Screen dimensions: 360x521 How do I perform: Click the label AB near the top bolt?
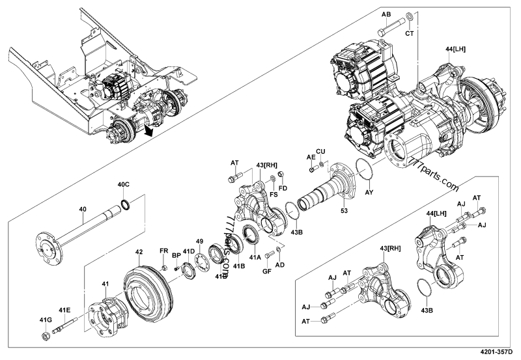[x=386, y=13]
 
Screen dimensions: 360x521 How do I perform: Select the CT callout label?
[x=410, y=33]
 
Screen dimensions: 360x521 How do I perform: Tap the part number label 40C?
[x=123, y=185]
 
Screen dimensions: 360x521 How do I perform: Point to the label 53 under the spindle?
[x=344, y=211]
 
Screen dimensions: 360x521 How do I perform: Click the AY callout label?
[x=369, y=193]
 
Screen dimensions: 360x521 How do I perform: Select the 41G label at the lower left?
[x=44, y=320]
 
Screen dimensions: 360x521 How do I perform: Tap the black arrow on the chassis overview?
[x=150, y=131]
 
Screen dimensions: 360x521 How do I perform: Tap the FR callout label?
[x=164, y=251]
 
